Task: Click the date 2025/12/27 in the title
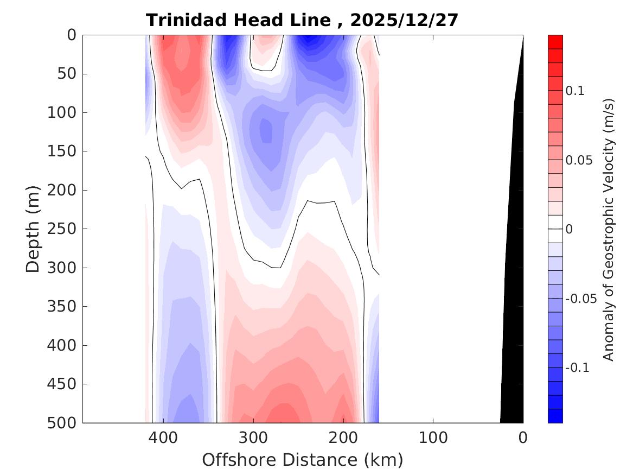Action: point(404,21)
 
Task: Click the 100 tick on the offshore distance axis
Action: point(433,437)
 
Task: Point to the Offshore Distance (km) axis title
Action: point(303,460)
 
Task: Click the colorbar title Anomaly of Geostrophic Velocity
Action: point(609,229)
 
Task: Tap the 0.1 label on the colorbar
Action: point(575,91)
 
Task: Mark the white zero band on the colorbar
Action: point(555,229)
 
